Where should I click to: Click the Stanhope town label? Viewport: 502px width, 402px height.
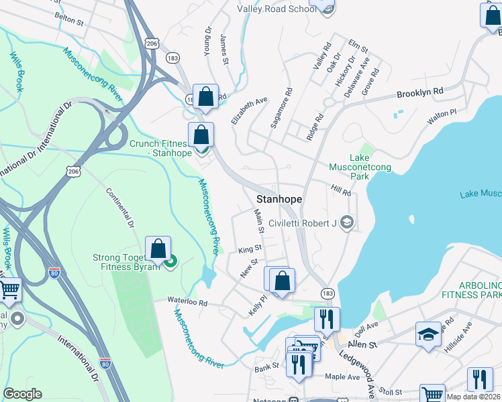279,200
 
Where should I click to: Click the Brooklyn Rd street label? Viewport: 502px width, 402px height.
420,91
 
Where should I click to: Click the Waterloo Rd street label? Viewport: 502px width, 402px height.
187,303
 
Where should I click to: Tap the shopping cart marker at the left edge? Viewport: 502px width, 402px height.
9,290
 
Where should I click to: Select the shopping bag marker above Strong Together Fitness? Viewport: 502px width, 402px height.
158,249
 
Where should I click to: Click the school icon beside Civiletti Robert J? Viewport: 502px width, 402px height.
346,222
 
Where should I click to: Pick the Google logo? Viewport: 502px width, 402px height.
22,394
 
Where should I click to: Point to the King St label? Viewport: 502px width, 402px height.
250,249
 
